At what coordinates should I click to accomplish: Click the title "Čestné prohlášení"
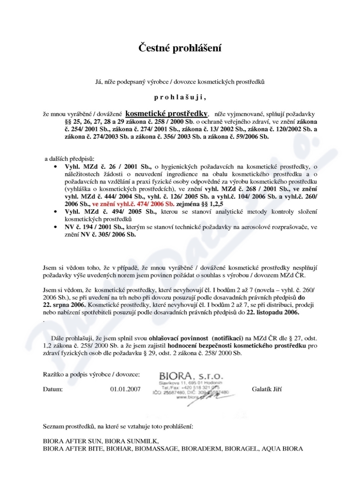click(x=180, y=47)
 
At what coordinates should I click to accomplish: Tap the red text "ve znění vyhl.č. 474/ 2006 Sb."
click(x=133, y=204)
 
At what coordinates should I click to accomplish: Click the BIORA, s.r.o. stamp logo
click(x=187, y=375)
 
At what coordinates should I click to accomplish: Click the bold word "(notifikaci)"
click(x=227, y=337)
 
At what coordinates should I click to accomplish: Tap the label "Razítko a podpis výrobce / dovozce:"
click(x=91, y=374)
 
